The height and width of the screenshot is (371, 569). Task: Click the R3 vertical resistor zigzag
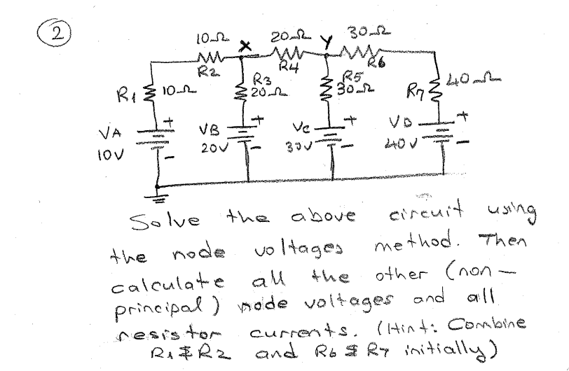click(242, 90)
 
